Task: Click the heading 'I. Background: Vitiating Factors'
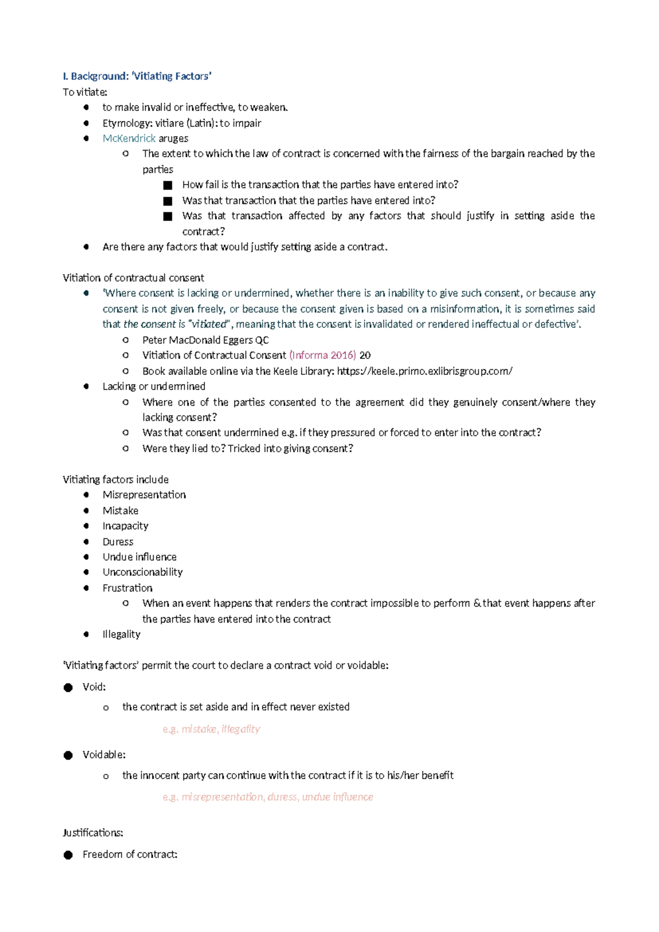[137, 76]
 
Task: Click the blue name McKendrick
[129, 138]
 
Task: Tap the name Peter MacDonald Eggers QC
[205, 340]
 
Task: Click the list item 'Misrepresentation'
[144, 495]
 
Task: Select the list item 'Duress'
[118, 542]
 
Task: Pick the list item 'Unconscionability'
[142, 572]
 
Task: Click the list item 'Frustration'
[127, 588]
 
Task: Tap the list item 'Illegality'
[121, 634]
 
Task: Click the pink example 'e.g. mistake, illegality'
[211, 729]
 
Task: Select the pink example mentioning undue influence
[267, 797]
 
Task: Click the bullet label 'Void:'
[94, 687]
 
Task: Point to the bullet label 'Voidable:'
[104, 755]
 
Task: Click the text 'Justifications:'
[93, 833]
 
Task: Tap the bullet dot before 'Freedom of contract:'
[68, 855]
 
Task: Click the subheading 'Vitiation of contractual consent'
[133, 278]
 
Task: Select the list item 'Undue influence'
[139, 557]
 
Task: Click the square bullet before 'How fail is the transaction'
[168, 185]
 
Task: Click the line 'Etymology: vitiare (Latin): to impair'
[182, 123]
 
